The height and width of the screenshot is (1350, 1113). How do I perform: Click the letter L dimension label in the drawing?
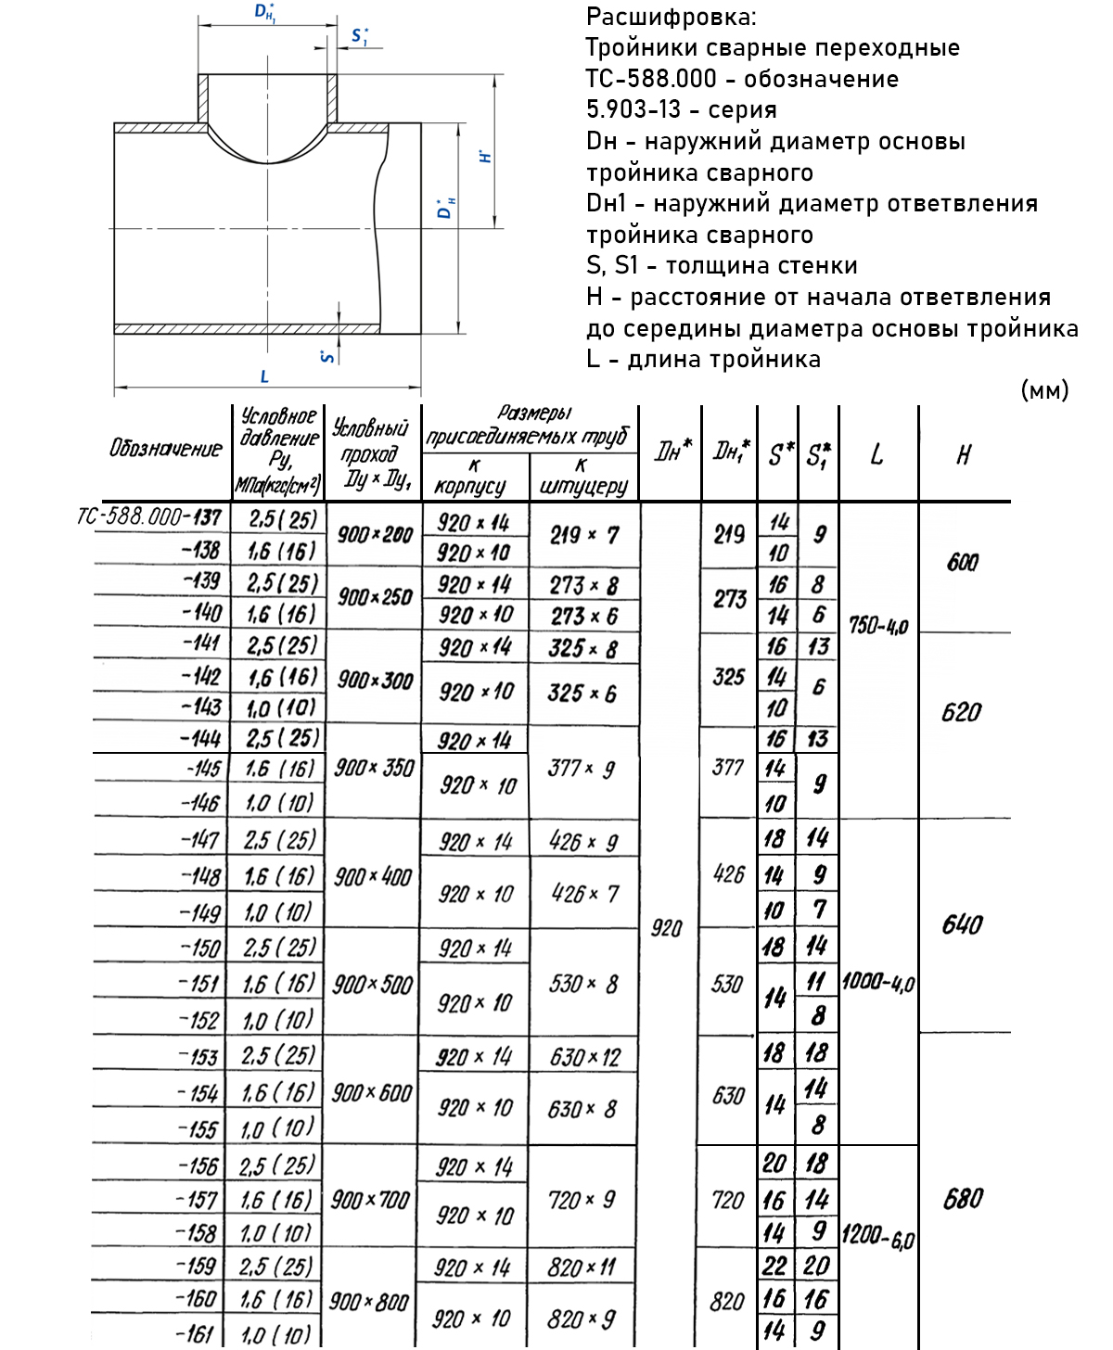264,376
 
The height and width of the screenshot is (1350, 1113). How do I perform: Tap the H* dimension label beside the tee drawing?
485,156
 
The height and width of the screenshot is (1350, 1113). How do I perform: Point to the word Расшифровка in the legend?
671,17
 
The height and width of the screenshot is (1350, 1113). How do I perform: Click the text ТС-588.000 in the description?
651,79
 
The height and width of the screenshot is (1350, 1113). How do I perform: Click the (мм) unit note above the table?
1044,390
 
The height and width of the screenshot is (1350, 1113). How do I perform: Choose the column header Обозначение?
166,449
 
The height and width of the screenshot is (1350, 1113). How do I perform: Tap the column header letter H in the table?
964,454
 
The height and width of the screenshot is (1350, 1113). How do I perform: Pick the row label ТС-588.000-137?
149,516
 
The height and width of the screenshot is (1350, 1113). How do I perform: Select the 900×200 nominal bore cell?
375,534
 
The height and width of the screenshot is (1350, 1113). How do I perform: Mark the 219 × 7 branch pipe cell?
583,535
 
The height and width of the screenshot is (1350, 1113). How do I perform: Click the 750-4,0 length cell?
877,626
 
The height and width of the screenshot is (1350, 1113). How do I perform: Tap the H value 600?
963,563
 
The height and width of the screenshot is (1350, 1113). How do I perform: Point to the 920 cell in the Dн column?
667,928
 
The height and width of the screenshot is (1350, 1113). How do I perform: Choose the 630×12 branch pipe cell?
584,1057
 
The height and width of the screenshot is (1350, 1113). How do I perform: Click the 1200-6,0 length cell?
877,1237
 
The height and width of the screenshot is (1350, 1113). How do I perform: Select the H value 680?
963,1200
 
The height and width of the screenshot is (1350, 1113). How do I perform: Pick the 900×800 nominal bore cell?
369,1302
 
